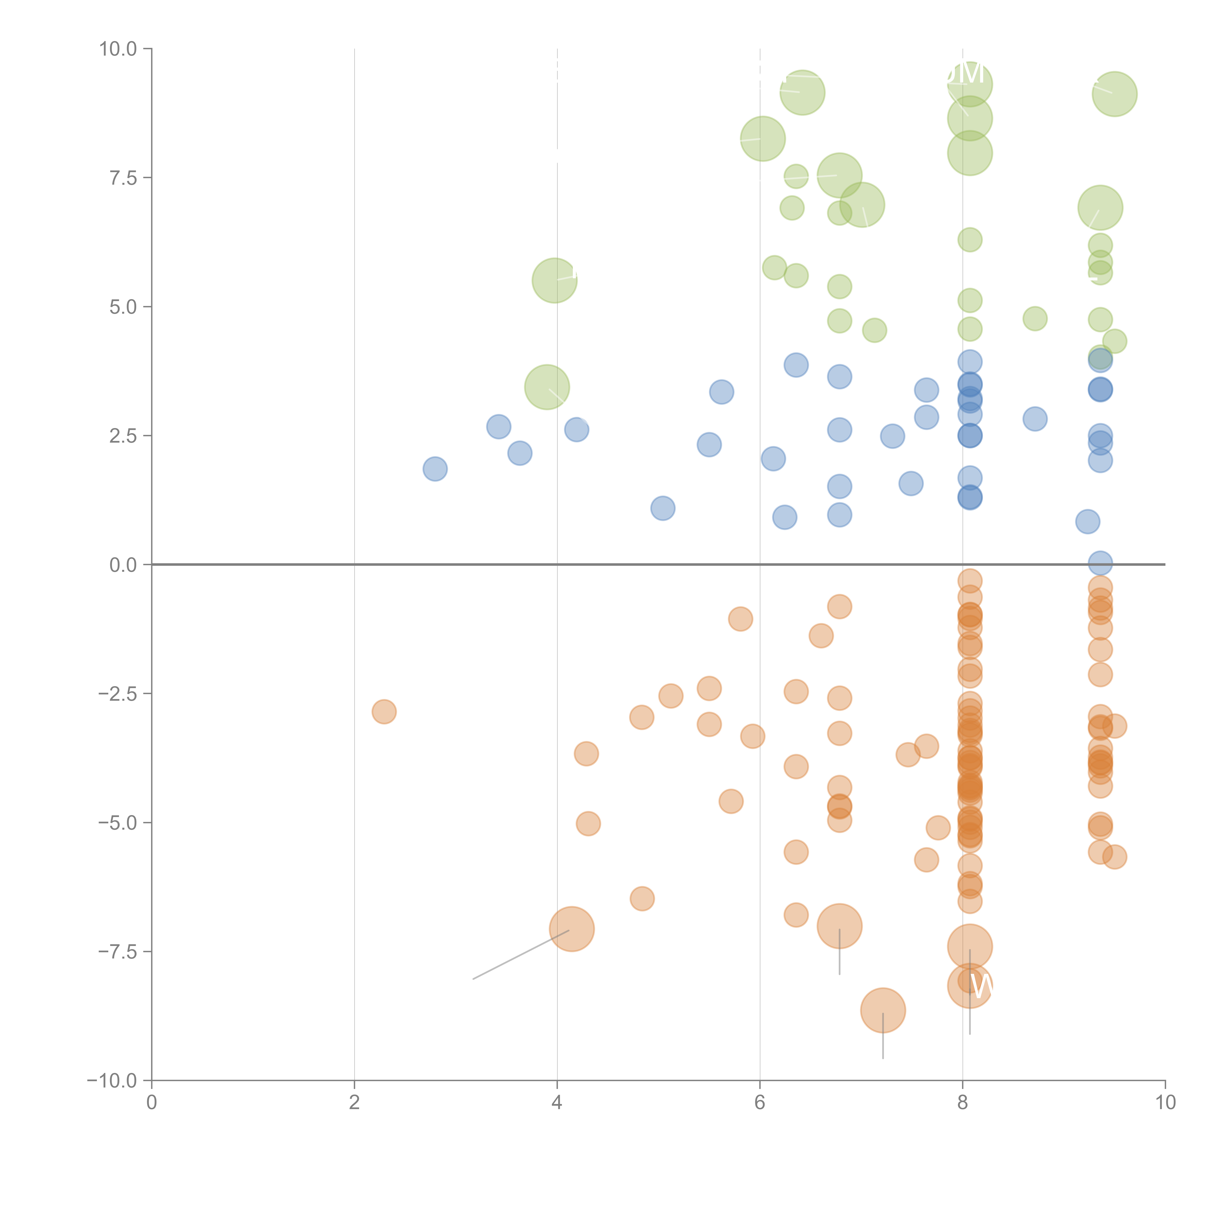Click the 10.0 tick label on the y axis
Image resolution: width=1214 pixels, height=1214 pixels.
[x=118, y=49]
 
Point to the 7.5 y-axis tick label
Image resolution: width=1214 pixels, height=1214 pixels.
[x=123, y=178]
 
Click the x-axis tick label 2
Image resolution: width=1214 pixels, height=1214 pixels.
[x=354, y=1103]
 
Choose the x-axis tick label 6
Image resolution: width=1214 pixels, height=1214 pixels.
[x=760, y=1103]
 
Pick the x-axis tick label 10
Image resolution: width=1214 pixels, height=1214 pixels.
[x=1165, y=1103]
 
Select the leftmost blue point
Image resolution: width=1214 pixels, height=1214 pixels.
[x=435, y=469]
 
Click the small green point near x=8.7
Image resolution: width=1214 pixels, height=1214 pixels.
[x=1035, y=319]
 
